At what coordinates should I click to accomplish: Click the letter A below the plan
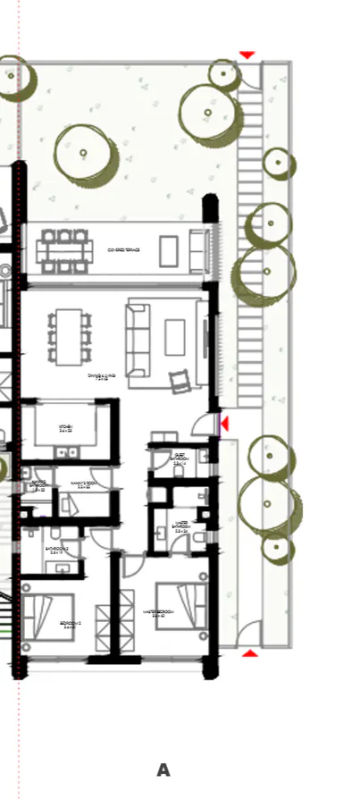163,770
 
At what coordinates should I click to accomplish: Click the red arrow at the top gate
247,55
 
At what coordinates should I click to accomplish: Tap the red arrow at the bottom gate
250,653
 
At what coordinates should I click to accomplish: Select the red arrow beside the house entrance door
223,423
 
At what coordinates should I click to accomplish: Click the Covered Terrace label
123,250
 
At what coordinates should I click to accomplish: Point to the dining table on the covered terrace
64,251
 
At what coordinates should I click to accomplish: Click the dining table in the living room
68,336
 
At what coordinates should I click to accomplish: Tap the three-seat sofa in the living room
137,341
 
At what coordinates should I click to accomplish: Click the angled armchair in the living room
181,382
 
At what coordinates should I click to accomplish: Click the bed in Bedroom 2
50,616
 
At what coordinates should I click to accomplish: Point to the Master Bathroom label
180,526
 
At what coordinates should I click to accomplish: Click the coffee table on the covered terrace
169,251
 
